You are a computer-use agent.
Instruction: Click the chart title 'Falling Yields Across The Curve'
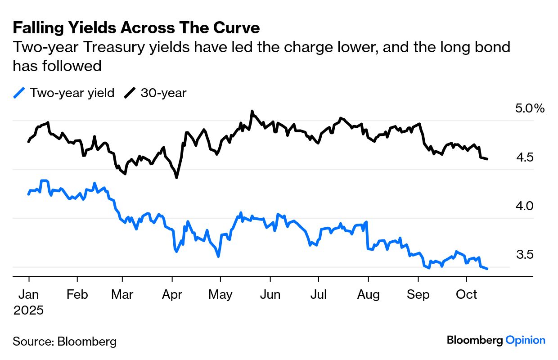pyautogui.click(x=136, y=28)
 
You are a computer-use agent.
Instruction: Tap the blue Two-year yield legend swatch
pyautogui.click(x=19, y=93)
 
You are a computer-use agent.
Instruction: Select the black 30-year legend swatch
pyautogui.click(x=130, y=93)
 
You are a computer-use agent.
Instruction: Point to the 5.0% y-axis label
pyautogui.click(x=530, y=108)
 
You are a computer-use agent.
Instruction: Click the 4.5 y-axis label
pyautogui.click(x=525, y=157)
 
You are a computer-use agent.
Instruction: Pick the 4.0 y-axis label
pyautogui.click(x=525, y=206)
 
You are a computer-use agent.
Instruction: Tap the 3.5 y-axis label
pyautogui.click(x=525, y=255)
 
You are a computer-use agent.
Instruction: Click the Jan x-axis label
pyautogui.click(x=28, y=295)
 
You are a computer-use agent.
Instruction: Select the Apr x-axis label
pyautogui.click(x=172, y=295)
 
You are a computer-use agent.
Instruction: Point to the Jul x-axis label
pyautogui.click(x=319, y=295)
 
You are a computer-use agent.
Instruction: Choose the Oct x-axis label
pyautogui.click(x=467, y=295)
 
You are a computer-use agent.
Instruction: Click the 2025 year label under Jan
pyautogui.click(x=28, y=310)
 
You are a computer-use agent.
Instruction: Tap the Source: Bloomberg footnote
pyautogui.click(x=64, y=341)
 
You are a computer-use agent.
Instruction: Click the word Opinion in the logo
pyautogui.click(x=525, y=340)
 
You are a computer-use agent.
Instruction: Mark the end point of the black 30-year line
pyautogui.click(x=488, y=159)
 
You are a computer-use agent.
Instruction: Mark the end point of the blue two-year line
pyautogui.click(x=488, y=269)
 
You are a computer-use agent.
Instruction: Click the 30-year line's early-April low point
pyautogui.click(x=176, y=178)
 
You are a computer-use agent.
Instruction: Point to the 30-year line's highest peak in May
pyautogui.click(x=252, y=111)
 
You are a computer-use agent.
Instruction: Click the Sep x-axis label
pyautogui.click(x=418, y=295)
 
